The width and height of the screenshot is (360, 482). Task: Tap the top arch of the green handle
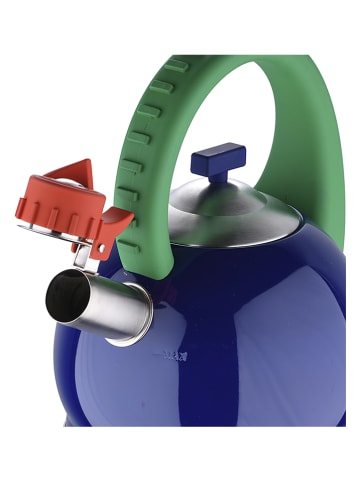coord(250,67)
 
